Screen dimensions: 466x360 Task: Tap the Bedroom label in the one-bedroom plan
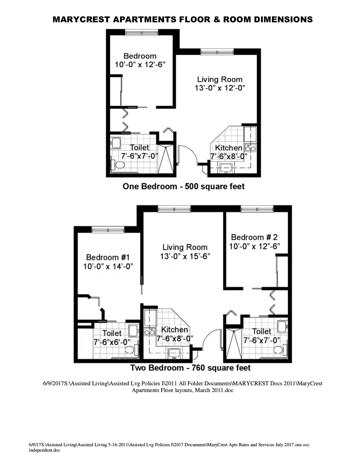[x=140, y=56]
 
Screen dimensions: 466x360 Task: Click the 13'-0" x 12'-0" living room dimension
[x=220, y=88]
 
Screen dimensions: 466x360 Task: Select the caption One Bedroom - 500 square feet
[x=184, y=187]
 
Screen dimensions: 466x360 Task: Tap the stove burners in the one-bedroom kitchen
[x=250, y=148]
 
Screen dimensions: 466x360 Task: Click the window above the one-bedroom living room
[x=217, y=52]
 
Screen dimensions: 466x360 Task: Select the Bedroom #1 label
[x=108, y=257]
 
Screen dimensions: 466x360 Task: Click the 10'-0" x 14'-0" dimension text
[x=108, y=266]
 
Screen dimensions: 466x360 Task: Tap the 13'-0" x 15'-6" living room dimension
[x=185, y=257]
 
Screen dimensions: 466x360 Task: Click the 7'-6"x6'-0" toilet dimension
[x=112, y=342]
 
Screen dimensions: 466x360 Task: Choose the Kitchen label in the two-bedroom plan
[x=174, y=330]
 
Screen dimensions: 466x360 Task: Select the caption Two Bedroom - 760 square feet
[x=190, y=368]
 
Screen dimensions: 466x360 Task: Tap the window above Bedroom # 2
[x=257, y=209]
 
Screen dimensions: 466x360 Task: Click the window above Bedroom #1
[x=108, y=230]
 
